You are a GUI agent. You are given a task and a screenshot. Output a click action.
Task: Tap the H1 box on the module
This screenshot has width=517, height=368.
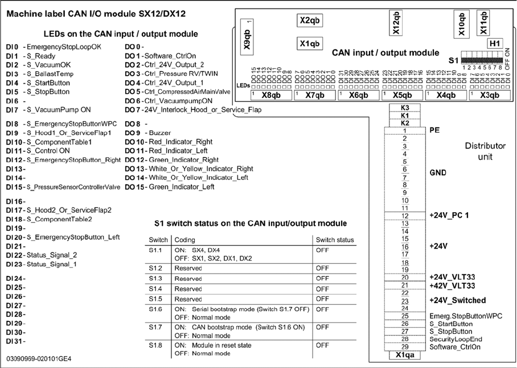tap(495, 43)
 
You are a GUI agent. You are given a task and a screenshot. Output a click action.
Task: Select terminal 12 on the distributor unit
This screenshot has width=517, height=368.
tap(403, 216)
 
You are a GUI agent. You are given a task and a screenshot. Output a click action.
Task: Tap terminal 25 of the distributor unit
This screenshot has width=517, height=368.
tap(403, 316)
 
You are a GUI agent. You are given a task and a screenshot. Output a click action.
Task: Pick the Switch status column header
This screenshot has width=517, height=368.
tap(334, 240)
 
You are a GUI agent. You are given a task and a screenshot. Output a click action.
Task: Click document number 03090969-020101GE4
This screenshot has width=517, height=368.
tap(39, 359)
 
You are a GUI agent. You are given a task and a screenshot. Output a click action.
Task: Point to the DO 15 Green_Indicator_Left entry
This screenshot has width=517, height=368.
tap(169, 187)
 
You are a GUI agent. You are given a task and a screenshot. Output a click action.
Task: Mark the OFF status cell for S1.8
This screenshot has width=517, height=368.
tap(322, 345)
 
